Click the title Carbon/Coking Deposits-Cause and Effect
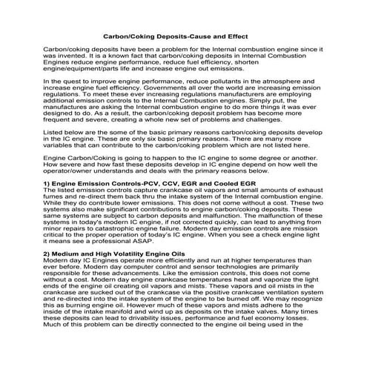pos(183,34)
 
